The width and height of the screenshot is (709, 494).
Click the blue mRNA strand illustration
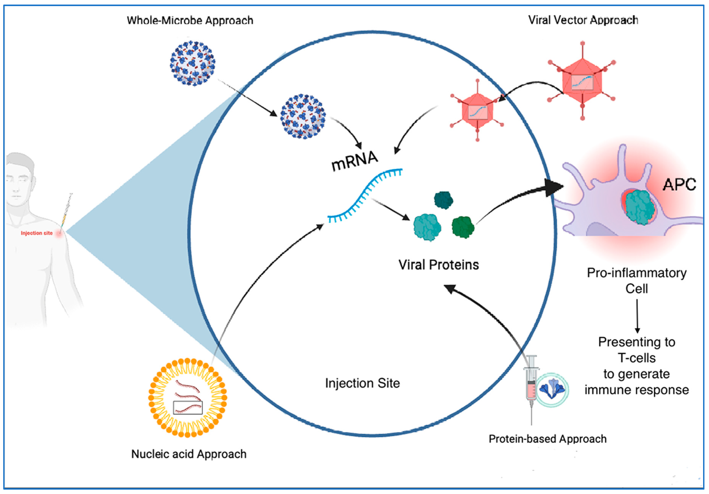(364, 195)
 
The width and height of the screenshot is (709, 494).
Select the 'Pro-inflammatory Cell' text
(637, 280)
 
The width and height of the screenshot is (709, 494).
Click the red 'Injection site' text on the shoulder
(37, 233)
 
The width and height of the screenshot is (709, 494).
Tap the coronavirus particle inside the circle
(303, 116)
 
